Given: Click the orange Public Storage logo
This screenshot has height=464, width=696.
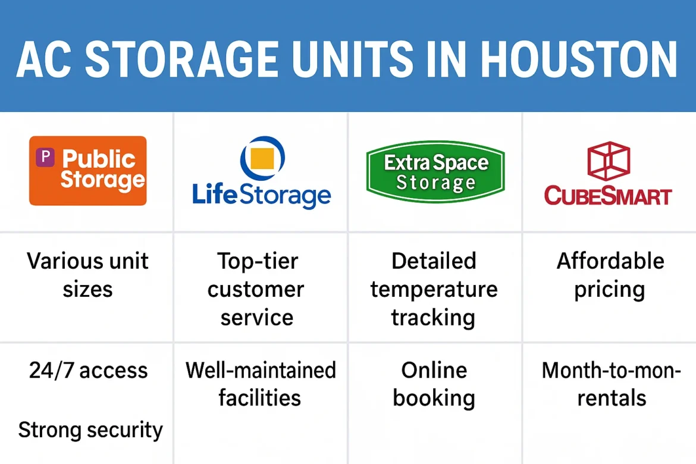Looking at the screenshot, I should (87, 171).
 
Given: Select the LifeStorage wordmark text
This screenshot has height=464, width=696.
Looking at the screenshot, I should (261, 195).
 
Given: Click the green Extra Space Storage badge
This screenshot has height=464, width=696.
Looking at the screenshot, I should (435, 172).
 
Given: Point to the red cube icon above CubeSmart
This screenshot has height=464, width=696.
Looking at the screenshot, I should (608, 161).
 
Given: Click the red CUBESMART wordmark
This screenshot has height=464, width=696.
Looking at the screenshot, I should (608, 196).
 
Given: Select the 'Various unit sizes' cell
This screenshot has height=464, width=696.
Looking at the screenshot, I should (87, 275).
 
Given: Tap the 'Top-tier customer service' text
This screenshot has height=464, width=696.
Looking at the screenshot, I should (256, 289).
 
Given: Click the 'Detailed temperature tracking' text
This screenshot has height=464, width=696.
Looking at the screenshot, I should (434, 289).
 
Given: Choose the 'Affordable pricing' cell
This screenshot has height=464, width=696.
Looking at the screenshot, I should (610, 275).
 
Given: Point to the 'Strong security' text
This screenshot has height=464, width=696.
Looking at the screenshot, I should (90, 429).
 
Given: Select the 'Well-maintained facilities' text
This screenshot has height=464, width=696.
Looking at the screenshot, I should (261, 384).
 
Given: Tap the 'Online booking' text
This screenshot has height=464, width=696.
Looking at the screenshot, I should (434, 384).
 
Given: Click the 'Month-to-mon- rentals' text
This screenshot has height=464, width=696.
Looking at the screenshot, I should (611, 384).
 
